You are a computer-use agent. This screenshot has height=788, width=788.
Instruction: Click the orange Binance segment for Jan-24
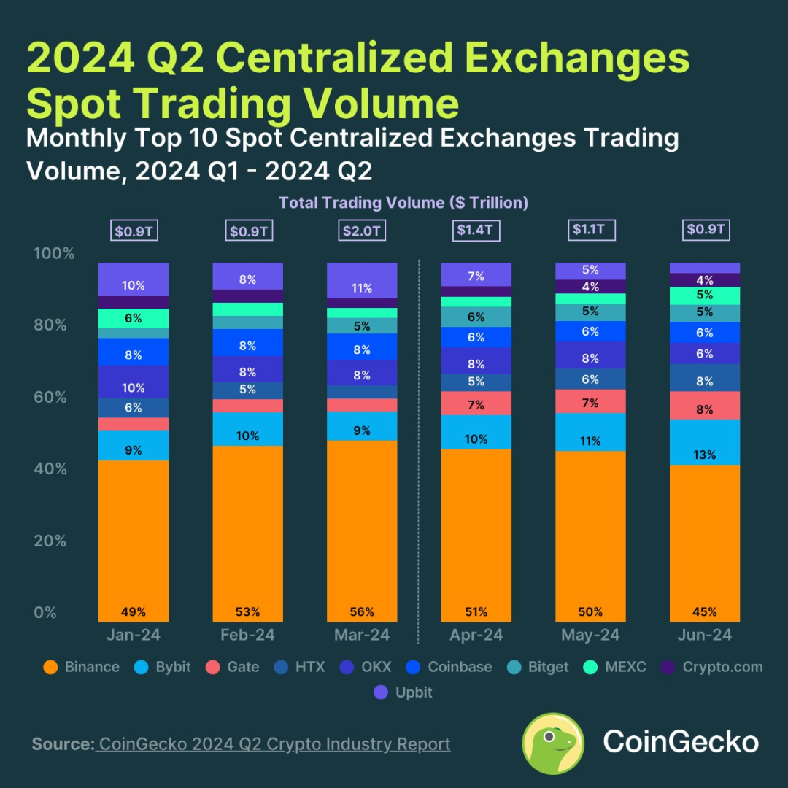pyautogui.click(x=134, y=540)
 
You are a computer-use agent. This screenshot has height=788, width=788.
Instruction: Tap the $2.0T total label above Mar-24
pyautogui.click(x=362, y=231)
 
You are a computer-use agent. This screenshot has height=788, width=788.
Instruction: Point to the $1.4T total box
pyautogui.click(x=476, y=231)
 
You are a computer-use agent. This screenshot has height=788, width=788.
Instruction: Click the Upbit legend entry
pyautogui.click(x=403, y=692)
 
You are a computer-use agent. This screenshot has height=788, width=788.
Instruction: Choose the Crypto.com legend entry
pyautogui.click(x=712, y=667)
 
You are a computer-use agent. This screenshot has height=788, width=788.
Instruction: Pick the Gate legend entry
pyautogui.click(x=233, y=667)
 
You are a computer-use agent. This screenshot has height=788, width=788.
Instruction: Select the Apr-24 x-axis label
pyautogui.click(x=476, y=636)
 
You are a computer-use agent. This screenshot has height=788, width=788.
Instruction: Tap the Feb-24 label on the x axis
pyautogui.click(x=247, y=636)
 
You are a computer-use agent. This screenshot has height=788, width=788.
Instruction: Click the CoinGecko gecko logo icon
pyautogui.click(x=553, y=743)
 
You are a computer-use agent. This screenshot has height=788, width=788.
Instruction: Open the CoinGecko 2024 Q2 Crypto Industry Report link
pyautogui.click(x=274, y=744)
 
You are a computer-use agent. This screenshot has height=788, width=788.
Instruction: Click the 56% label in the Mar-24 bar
pyautogui.click(x=362, y=611)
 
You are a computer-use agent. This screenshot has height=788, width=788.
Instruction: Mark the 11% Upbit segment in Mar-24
pyautogui.click(x=362, y=281)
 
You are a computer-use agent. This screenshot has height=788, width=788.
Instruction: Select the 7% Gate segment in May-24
pyautogui.click(x=590, y=401)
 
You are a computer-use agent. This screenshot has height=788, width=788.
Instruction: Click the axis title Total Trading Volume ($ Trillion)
pyautogui.click(x=403, y=203)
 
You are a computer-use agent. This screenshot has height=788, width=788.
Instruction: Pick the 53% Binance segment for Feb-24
pyautogui.click(x=247, y=533)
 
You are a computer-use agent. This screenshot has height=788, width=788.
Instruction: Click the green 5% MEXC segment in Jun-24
pyautogui.click(x=705, y=295)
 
